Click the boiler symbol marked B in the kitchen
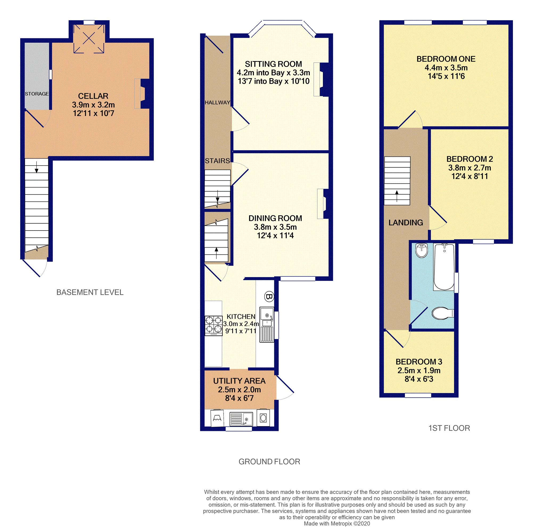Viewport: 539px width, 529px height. (x=269, y=296)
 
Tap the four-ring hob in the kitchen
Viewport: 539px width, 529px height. (x=213, y=326)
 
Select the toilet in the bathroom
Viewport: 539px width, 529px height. (x=443, y=313)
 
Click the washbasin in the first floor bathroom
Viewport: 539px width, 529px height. (x=421, y=250)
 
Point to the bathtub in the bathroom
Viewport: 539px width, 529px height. (x=444, y=267)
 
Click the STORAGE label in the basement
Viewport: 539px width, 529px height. (x=37, y=94)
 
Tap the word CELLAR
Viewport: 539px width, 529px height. (x=93, y=96)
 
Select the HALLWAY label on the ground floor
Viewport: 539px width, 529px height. (x=217, y=103)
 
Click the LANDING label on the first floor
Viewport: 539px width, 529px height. (x=405, y=223)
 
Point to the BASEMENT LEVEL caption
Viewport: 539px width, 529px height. (x=90, y=292)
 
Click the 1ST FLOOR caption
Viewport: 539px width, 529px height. (x=449, y=428)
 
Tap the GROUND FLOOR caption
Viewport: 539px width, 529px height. (x=269, y=462)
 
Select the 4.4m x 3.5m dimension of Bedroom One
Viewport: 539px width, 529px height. (x=446, y=67)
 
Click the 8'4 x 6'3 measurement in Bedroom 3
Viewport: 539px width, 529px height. (x=419, y=379)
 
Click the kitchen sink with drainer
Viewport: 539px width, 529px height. (x=267, y=324)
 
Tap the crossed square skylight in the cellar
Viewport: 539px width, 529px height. (x=89, y=38)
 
